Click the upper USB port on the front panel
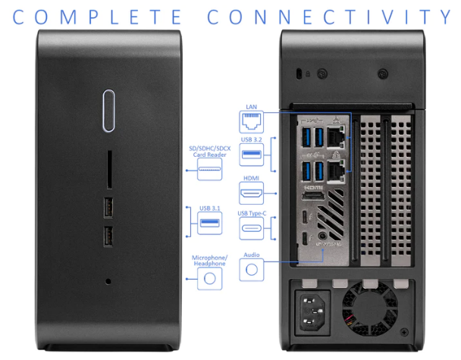tap(108, 205)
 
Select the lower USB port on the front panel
tap(108, 236)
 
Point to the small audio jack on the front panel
tap(108, 281)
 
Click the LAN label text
tap(251, 108)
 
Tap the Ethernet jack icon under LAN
tap(251, 122)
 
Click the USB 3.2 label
tap(251, 142)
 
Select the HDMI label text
tap(251, 179)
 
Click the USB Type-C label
tap(251, 214)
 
